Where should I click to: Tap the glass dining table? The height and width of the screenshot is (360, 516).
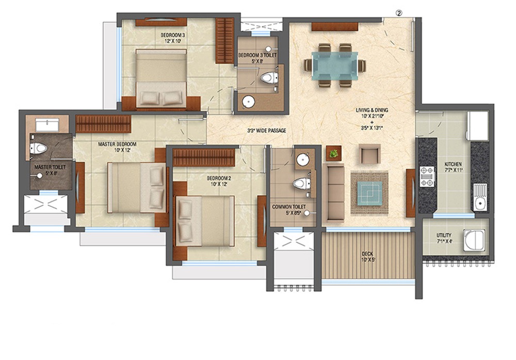(335, 66)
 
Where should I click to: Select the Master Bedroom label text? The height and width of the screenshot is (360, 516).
(117, 144)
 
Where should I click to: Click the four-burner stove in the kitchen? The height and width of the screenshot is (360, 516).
(427, 177)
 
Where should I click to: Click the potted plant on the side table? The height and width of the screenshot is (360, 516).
(334, 153)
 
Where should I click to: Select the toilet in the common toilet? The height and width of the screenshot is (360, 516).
(302, 183)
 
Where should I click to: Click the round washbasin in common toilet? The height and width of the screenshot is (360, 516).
(302, 160)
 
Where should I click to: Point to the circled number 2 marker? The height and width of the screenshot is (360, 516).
(399, 13)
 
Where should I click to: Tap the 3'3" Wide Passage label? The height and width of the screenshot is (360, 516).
(267, 130)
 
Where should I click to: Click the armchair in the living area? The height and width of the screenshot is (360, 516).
(369, 154)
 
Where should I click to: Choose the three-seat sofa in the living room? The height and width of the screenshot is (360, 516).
(334, 193)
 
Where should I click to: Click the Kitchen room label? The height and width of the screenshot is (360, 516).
(453, 164)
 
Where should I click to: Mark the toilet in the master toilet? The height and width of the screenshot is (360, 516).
(38, 148)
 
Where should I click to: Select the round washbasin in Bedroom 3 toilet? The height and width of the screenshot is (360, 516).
(248, 102)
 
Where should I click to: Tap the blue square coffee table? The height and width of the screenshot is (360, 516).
(369, 193)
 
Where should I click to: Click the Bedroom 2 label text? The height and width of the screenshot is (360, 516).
(219, 178)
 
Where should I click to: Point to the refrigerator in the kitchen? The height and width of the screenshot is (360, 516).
(477, 126)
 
